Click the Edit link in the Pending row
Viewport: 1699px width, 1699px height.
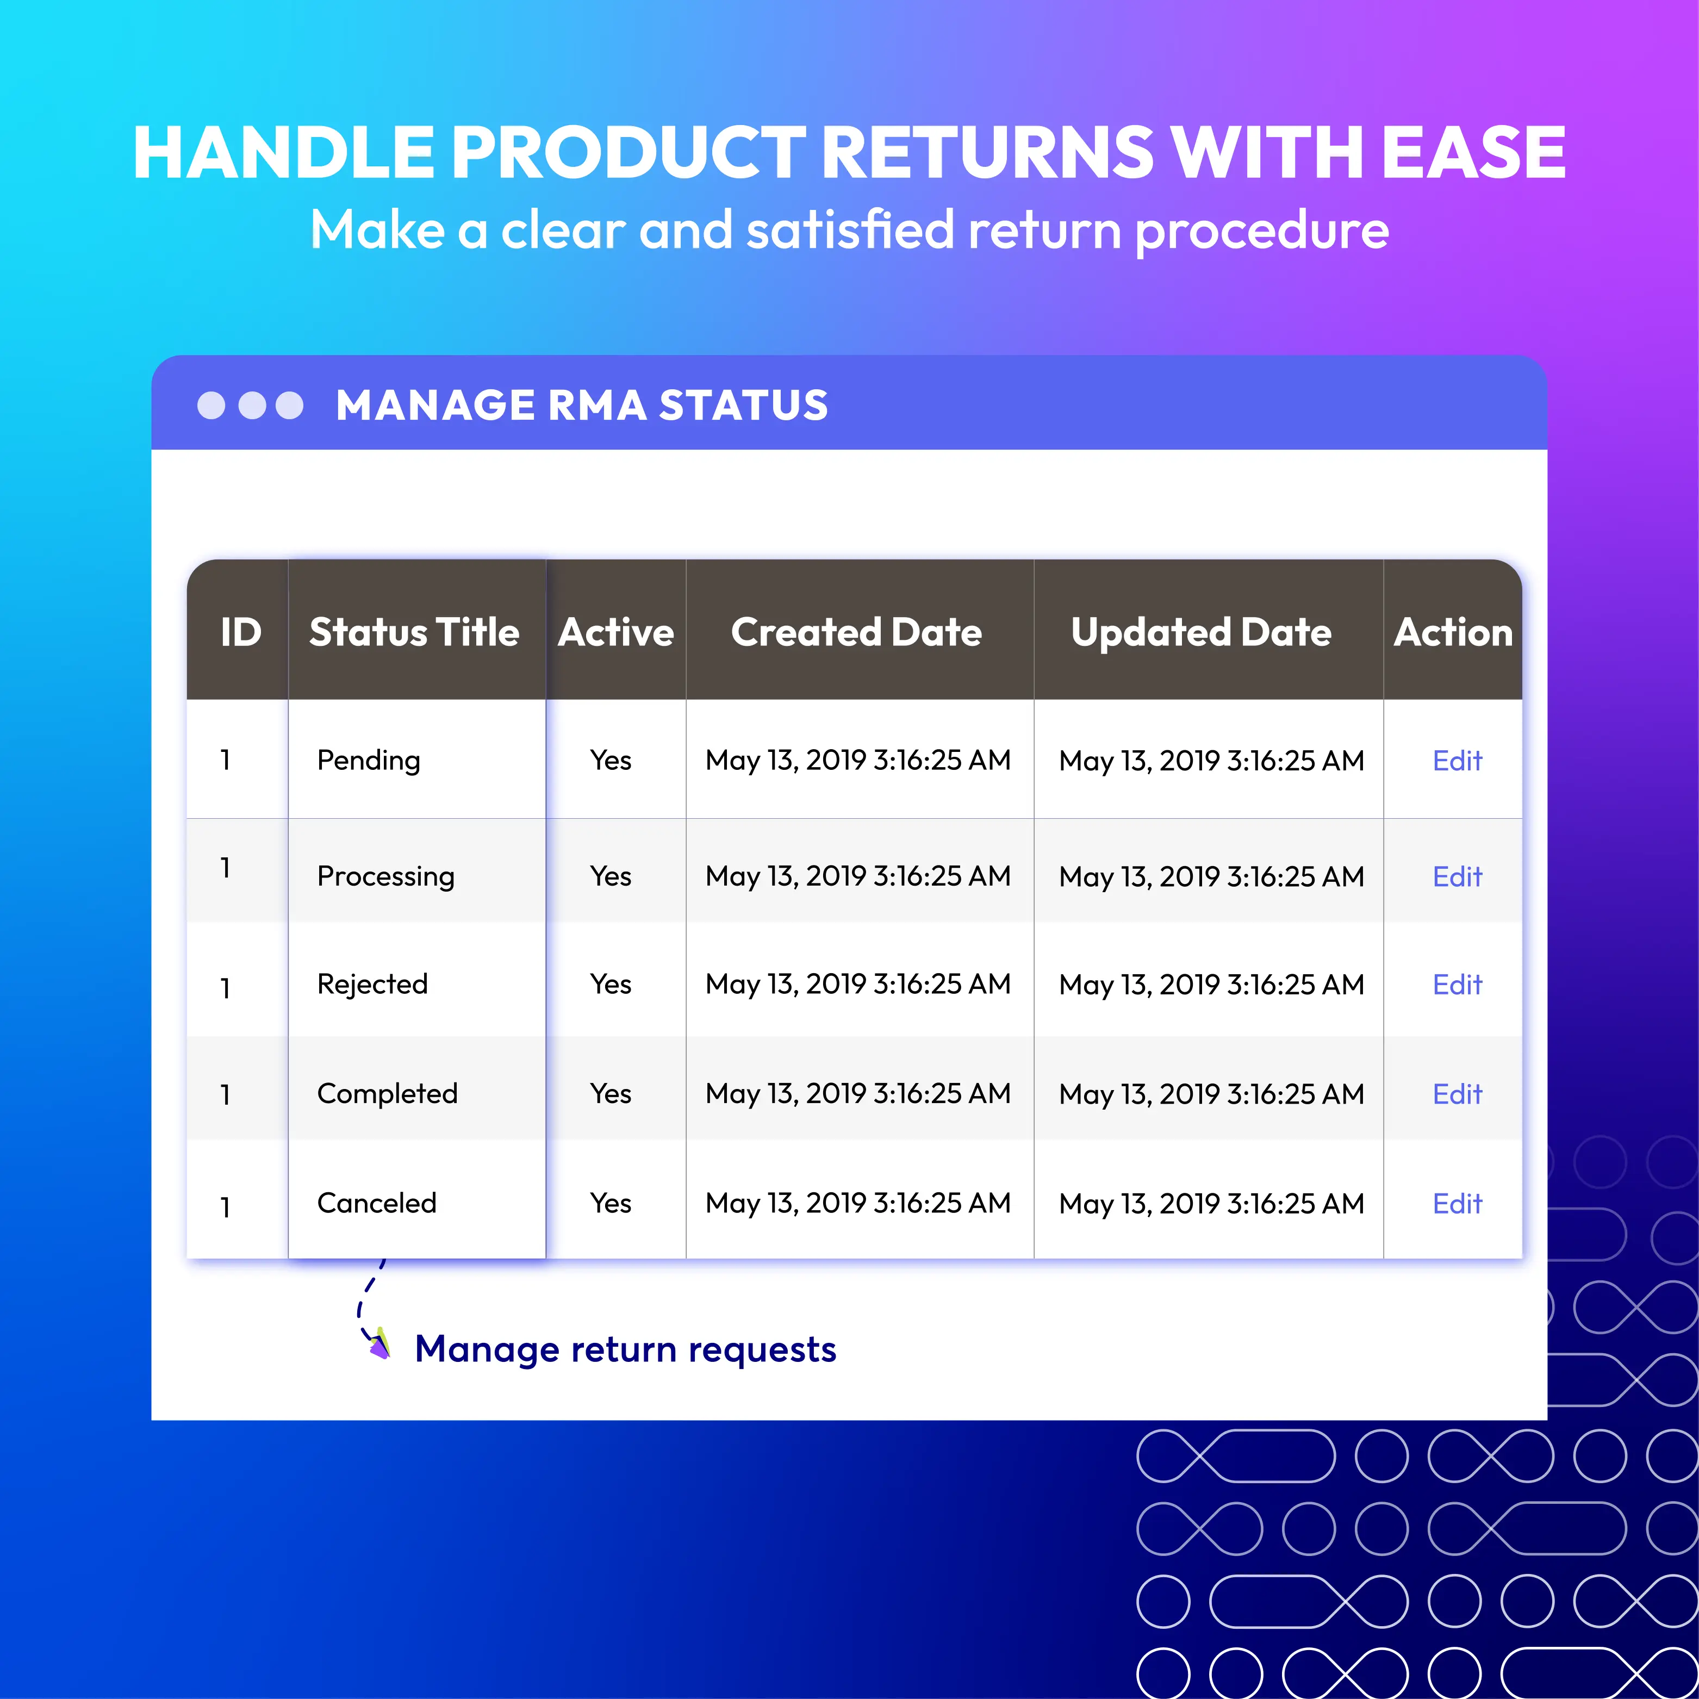[1457, 760]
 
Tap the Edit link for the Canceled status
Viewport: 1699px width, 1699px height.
[1457, 1203]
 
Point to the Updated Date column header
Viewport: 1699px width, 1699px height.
[1201, 632]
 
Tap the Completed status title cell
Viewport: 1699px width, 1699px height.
[387, 1093]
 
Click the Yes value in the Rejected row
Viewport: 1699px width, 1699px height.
[611, 984]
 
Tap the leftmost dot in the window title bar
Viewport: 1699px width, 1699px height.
[211, 406]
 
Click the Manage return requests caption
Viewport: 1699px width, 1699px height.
[625, 1349]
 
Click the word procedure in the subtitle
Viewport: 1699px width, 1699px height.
[1262, 231]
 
